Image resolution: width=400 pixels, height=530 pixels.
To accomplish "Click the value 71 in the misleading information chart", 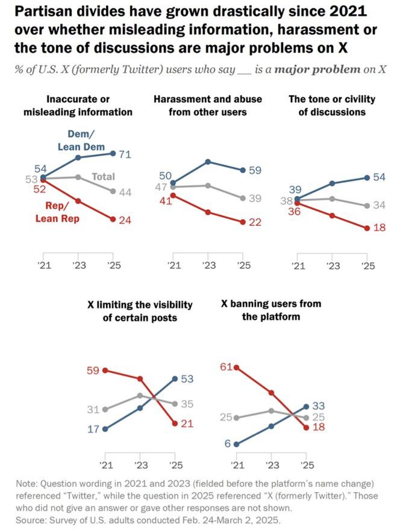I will tap(126, 155).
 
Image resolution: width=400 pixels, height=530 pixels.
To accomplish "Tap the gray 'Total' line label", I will tap(103, 177).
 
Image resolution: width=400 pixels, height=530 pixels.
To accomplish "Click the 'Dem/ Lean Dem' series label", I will tap(81, 140).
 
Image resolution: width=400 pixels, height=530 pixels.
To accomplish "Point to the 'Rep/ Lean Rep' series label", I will tap(59, 212).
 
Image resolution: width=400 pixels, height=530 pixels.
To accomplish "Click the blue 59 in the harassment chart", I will tap(255, 170).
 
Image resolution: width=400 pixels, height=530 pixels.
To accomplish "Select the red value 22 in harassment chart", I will tap(255, 222).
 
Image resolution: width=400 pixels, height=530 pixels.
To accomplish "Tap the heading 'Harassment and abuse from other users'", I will tap(208, 105).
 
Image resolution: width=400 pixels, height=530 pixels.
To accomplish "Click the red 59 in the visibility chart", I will tap(93, 370).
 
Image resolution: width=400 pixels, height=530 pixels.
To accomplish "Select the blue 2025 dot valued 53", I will tap(175, 378).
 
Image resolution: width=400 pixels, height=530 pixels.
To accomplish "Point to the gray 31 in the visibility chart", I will tap(93, 409).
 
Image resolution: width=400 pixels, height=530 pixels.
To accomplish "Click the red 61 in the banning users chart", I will tap(226, 366).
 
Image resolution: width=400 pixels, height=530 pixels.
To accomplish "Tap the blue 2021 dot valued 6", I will tap(236, 445).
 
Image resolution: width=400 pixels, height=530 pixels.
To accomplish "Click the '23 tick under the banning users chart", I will tap(272, 465).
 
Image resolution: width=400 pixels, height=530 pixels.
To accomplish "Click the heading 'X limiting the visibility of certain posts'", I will tap(140, 310).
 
